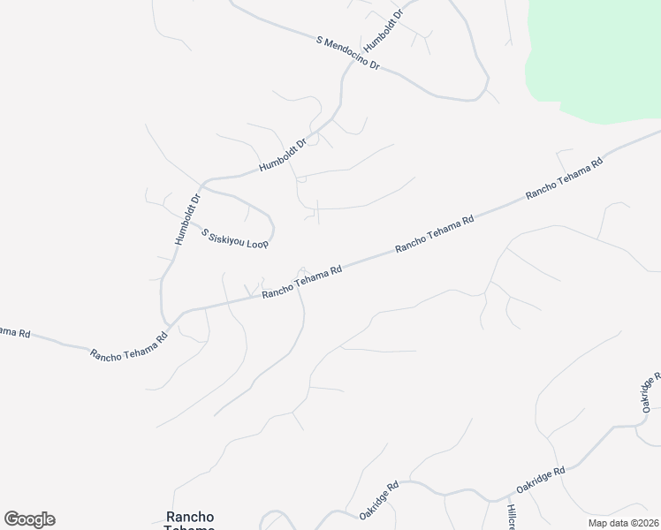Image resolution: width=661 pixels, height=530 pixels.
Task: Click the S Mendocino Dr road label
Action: tap(347, 54)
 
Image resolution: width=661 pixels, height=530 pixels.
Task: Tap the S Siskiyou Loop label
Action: tap(234, 238)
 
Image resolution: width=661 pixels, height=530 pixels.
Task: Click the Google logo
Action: tap(29, 519)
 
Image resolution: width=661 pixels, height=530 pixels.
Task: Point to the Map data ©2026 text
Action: tap(624, 523)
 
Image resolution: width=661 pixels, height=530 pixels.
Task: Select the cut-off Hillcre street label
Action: tap(511, 517)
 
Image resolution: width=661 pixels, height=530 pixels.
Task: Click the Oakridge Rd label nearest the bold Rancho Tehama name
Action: tap(379, 500)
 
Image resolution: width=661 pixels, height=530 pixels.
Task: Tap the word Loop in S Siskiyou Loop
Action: tap(257, 242)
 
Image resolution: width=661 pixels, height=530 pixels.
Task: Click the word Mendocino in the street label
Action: tap(351, 56)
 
